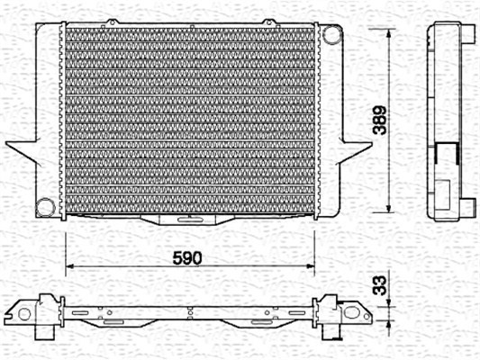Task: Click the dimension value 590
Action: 187,257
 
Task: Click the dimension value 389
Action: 380,121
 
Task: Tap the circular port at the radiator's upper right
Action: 331,34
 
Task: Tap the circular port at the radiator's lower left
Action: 46,207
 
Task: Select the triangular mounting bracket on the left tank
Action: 22,151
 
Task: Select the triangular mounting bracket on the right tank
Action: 355,152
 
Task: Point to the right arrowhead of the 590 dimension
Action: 310,266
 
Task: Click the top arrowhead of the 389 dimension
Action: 389,33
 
